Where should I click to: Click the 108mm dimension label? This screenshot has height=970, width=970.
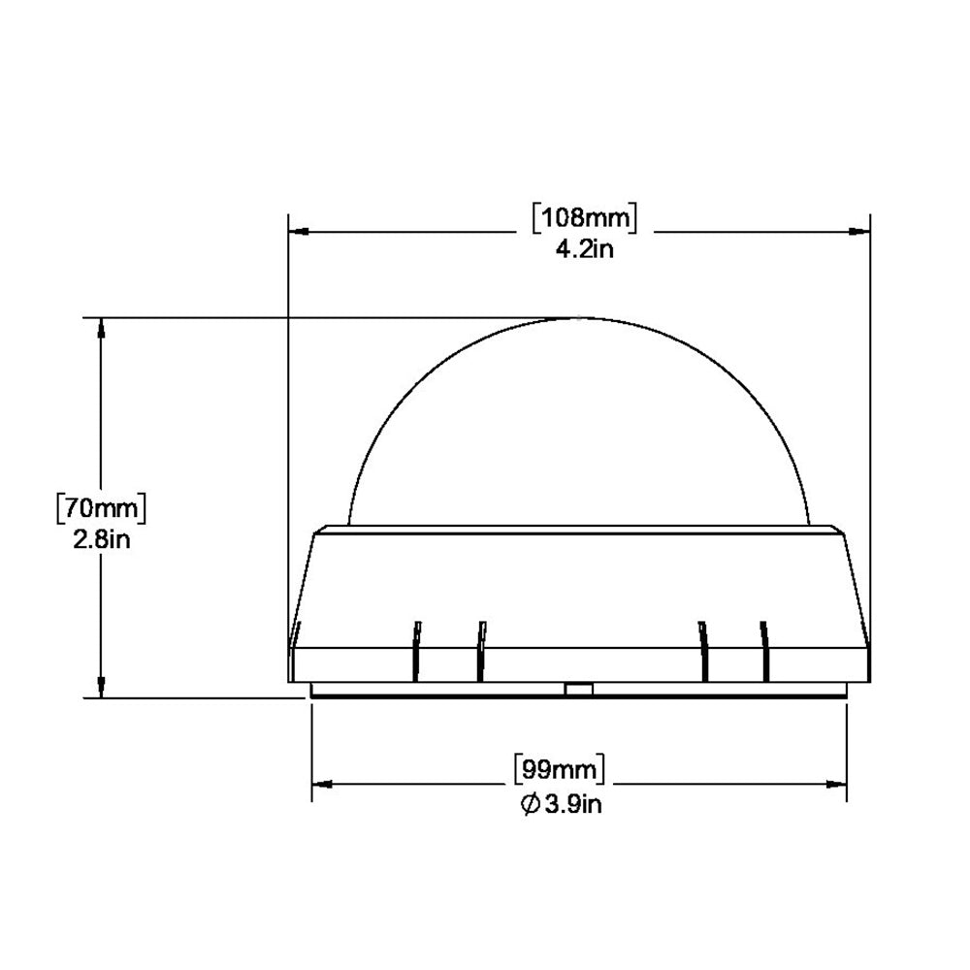pyautogui.click(x=585, y=217)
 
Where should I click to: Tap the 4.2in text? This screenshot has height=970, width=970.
pyautogui.click(x=585, y=249)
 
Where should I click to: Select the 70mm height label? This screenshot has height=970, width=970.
pyautogui.click(x=102, y=508)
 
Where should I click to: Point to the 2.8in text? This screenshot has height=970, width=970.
pyautogui.click(x=102, y=540)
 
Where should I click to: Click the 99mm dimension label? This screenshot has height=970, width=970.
pyautogui.click(x=560, y=770)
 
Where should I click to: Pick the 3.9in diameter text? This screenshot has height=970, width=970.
pyautogui.click(x=573, y=804)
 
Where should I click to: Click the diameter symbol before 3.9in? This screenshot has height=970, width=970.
pyautogui.click(x=531, y=804)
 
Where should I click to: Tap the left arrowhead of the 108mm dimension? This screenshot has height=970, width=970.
pyautogui.click(x=299, y=232)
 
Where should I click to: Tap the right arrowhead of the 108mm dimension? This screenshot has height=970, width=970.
pyautogui.click(x=859, y=232)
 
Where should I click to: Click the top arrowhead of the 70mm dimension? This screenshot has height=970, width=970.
pyautogui.click(x=102, y=328)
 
